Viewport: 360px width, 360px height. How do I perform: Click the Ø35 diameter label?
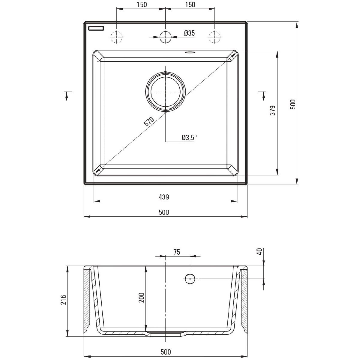(189, 33)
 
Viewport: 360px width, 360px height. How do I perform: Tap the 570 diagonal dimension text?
(149, 121)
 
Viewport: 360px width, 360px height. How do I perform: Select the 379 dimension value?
(273, 110)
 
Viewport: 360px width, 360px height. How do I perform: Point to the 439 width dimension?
(164, 197)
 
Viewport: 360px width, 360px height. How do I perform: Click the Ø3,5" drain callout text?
(189, 138)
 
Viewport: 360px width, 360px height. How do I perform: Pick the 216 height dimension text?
(63, 300)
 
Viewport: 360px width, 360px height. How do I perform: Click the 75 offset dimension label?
(177, 252)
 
